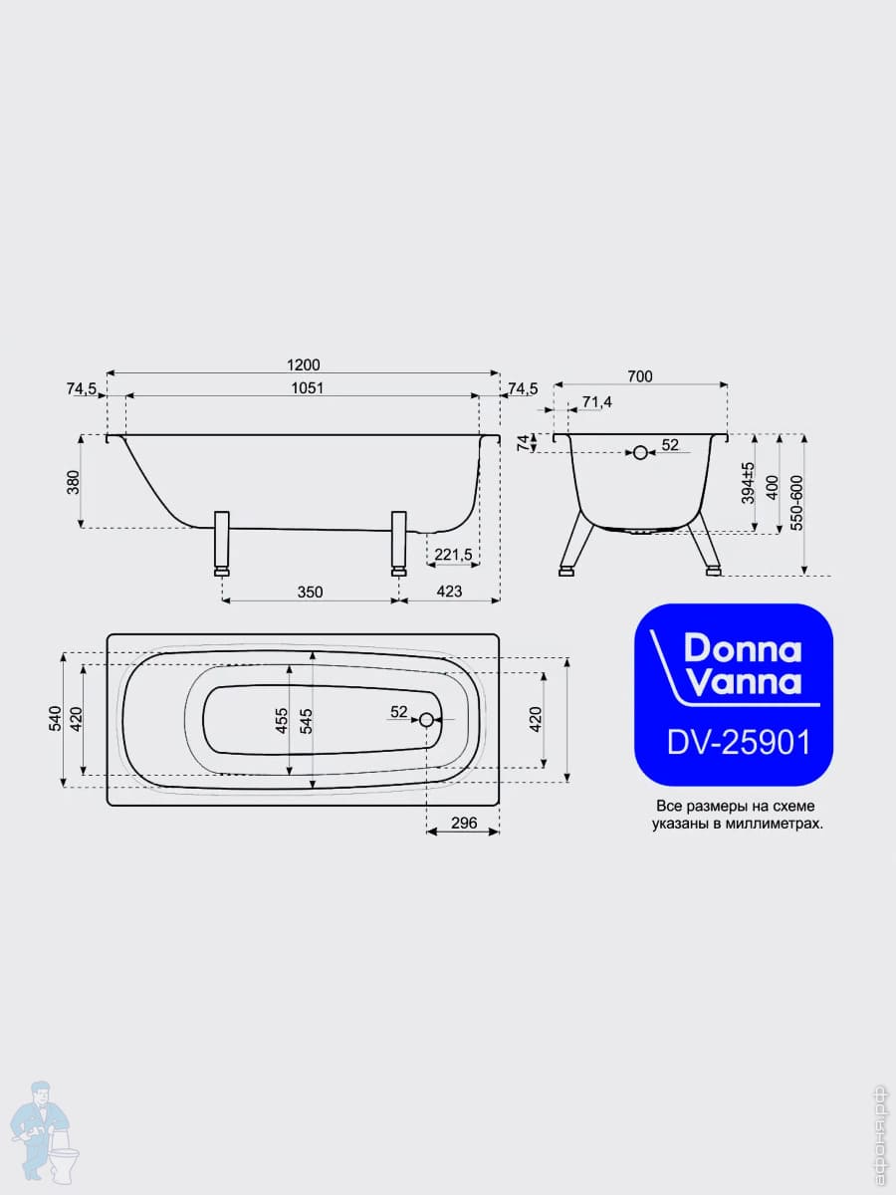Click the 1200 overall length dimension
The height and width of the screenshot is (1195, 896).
click(304, 364)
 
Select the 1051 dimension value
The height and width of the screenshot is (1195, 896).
click(308, 387)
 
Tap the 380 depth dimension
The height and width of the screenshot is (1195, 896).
click(73, 482)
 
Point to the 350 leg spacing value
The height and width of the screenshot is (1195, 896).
click(310, 592)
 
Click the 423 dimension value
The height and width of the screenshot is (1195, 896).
click(449, 591)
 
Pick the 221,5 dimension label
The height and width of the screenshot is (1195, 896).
click(453, 555)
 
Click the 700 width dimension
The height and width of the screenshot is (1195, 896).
click(640, 376)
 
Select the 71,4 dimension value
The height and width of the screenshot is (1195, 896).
click(596, 401)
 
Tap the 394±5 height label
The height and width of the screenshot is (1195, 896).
click(748, 483)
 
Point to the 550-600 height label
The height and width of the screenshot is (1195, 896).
click(796, 503)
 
